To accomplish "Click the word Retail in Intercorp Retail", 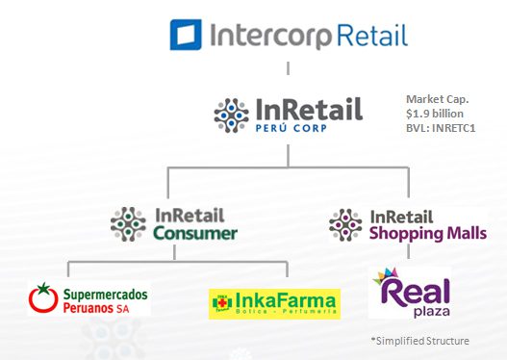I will click(372, 36).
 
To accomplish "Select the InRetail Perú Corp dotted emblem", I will click(232, 115).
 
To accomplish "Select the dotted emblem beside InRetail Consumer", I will click(128, 223).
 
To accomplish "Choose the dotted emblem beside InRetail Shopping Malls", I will click(344, 223).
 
